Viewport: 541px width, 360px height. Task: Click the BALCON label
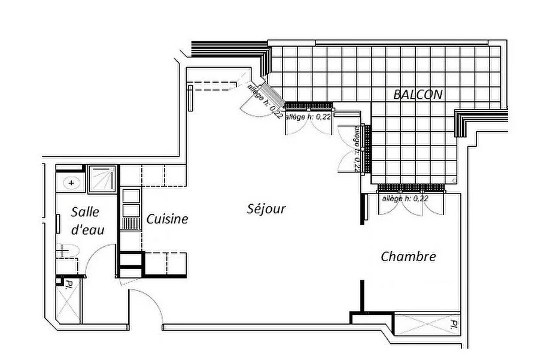418,94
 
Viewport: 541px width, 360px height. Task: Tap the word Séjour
266,208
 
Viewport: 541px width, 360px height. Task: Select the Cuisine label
168,219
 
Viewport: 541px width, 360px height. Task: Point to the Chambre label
408,256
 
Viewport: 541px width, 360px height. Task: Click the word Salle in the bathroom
85,212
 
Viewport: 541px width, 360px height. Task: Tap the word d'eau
87,230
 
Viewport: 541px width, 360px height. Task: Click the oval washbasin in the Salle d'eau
71,183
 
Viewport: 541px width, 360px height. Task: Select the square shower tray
102,179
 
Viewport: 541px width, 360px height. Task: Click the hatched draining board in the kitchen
131,224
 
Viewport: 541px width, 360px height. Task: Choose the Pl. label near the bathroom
69,284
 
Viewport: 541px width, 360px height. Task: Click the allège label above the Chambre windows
405,198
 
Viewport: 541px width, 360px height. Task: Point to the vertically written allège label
358,149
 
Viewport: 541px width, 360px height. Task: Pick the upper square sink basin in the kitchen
131,196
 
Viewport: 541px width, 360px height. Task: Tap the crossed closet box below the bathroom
68,300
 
